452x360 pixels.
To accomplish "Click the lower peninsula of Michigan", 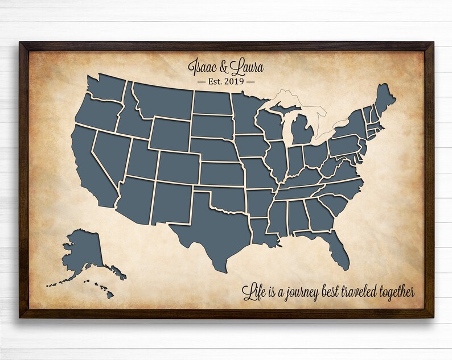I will click(302, 131).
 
